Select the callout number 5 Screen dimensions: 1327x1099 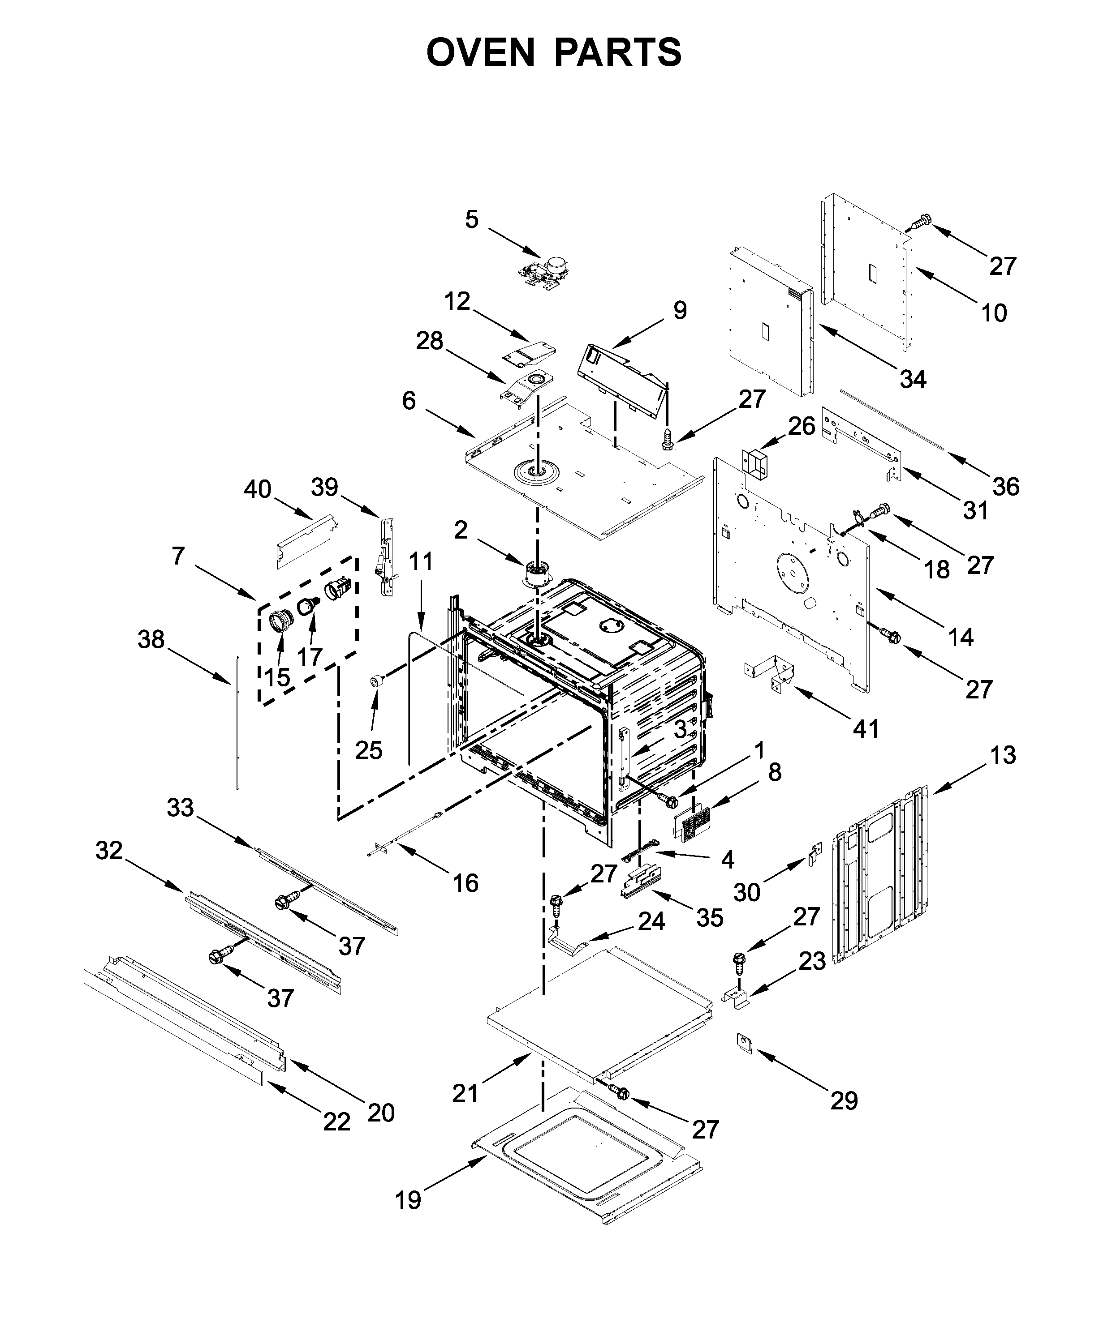point(472,220)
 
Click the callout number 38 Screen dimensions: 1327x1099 point(151,639)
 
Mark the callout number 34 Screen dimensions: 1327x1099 point(913,379)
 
